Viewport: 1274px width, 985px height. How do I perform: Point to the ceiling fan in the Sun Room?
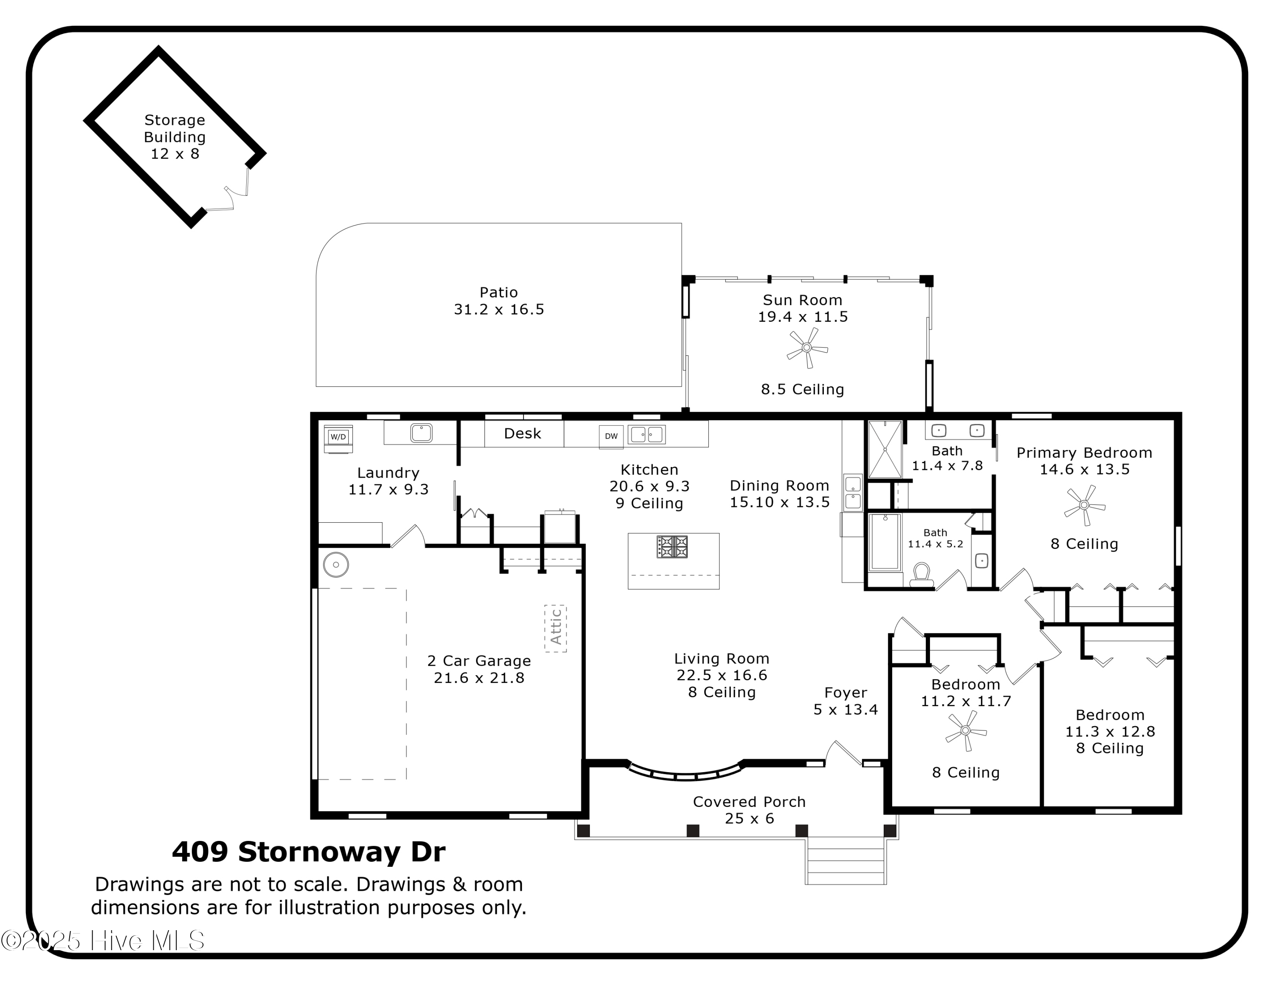pyautogui.click(x=807, y=348)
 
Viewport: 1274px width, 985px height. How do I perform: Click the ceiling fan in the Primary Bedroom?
pyautogui.click(x=1085, y=505)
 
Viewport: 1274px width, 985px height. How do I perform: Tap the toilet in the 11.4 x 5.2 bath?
pyautogui.click(x=921, y=574)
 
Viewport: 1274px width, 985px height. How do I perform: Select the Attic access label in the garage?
pyautogui.click(x=555, y=627)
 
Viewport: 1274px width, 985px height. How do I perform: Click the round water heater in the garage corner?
pyautogui.click(x=336, y=565)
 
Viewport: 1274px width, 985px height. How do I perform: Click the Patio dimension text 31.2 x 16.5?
pyautogui.click(x=499, y=309)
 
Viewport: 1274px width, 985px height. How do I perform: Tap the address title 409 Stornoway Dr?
pyautogui.click(x=309, y=852)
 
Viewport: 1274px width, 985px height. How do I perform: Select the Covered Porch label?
pyautogui.click(x=749, y=802)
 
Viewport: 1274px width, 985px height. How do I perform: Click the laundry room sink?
pyautogui.click(x=421, y=433)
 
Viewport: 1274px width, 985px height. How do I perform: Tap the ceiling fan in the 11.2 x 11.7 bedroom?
pyautogui.click(x=965, y=730)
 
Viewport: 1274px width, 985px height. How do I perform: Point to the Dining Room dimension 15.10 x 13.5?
pyautogui.click(x=779, y=502)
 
